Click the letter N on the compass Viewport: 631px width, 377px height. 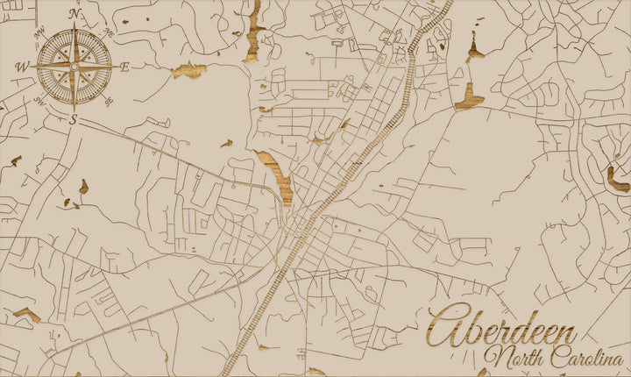click(x=74, y=14)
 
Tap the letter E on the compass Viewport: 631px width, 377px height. click(x=124, y=67)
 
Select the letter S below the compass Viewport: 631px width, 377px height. click(x=74, y=119)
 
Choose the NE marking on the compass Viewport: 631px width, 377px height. click(x=109, y=32)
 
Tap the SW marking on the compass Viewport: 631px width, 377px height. click(x=40, y=101)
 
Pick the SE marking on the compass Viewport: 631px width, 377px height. click(x=109, y=101)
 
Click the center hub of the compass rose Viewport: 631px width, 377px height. click(x=74, y=67)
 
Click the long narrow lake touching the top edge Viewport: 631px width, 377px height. click(x=255, y=31)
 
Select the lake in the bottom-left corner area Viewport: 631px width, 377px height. click(x=26, y=313)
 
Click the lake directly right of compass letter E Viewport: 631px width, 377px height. click(x=188, y=70)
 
